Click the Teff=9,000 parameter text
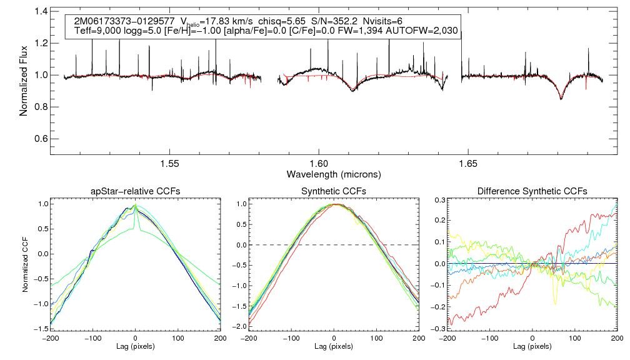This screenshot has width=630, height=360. click(97, 31)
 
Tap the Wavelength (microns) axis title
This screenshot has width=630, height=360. click(334, 173)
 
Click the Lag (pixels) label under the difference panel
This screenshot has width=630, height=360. click(531, 346)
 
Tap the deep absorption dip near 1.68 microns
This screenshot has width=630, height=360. click(561, 98)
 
